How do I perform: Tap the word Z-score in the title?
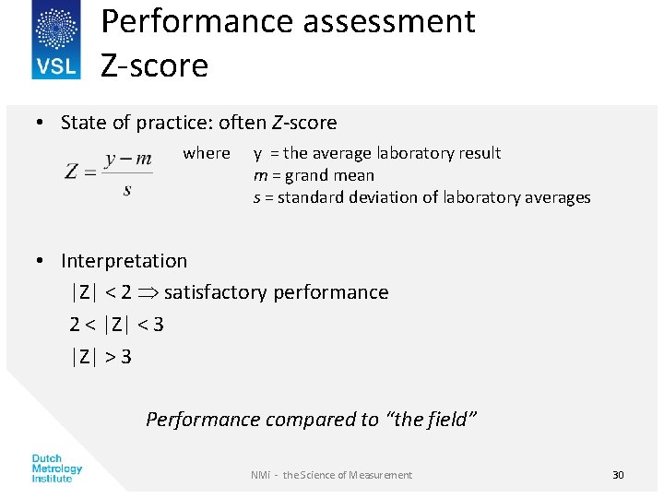(x=154, y=65)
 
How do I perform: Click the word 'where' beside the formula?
(x=207, y=153)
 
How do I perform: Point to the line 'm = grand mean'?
(x=314, y=175)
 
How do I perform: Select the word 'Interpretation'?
(x=124, y=261)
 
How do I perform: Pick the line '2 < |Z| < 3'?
(x=116, y=324)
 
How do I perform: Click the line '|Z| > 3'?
(x=101, y=356)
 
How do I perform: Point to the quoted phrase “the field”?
(x=434, y=420)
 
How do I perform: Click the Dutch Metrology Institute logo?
(x=57, y=468)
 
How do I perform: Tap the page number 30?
(x=618, y=475)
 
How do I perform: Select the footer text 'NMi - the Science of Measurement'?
(x=331, y=475)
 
